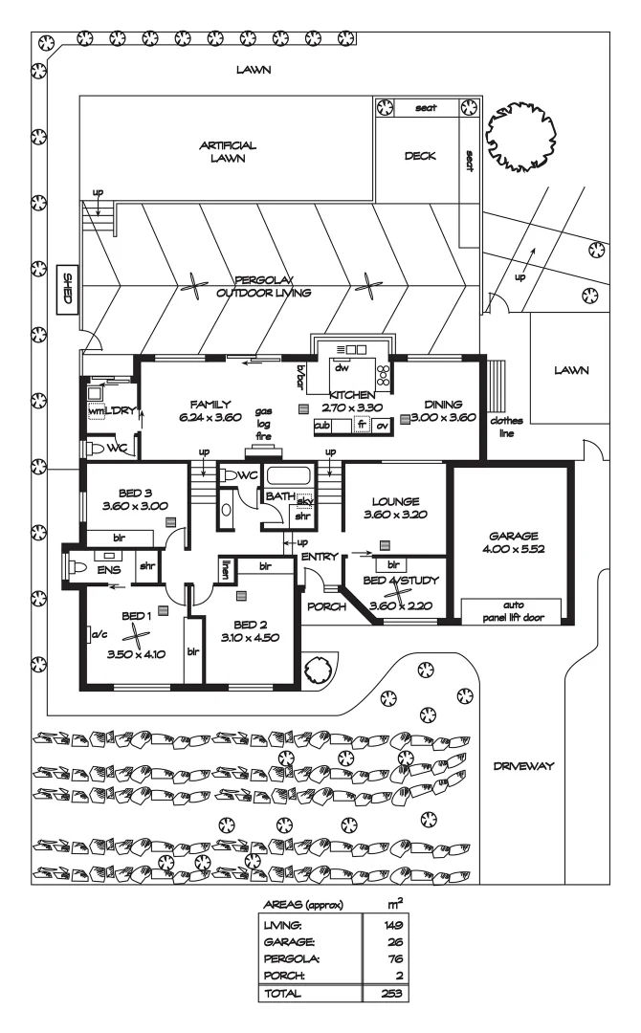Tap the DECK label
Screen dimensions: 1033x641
pyautogui.click(x=420, y=156)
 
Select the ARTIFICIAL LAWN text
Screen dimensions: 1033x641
pyautogui.click(x=228, y=152)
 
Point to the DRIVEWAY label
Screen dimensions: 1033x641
pyautogui.click(x=525, y=765)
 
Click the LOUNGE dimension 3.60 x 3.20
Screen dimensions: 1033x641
pyautogui.click(x=394, y=515)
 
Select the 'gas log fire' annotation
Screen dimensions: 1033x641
pyautogui.click(x=263, y=422)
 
